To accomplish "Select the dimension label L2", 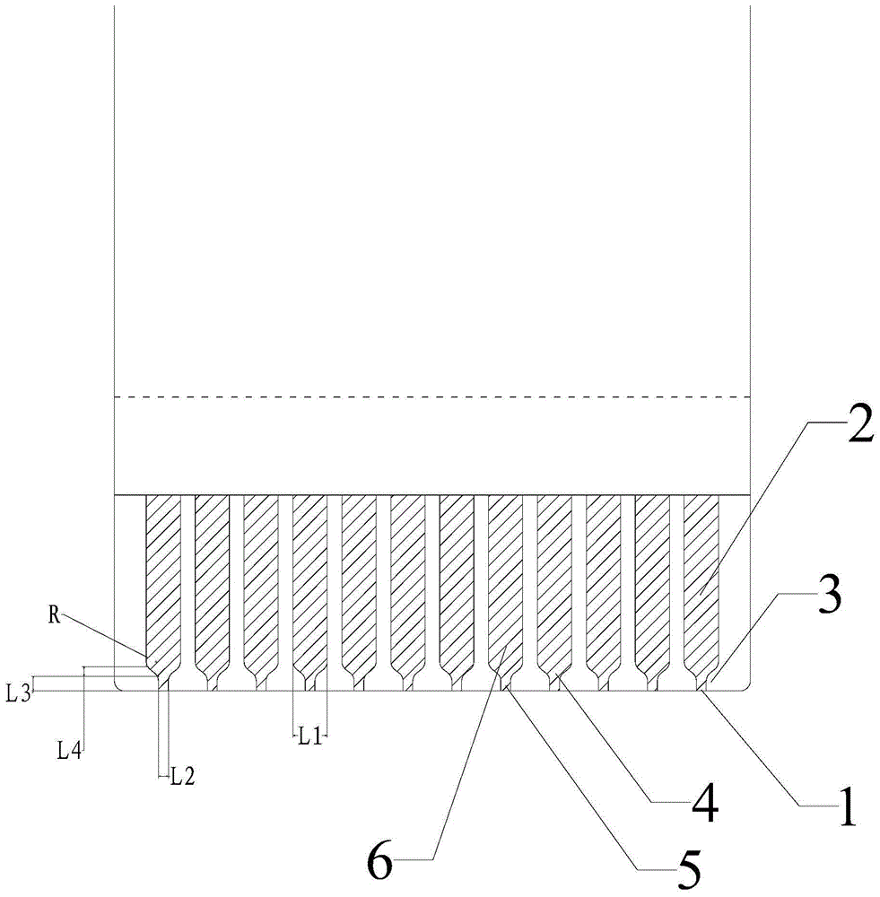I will click(182, 778).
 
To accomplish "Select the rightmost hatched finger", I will click(701, 574).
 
